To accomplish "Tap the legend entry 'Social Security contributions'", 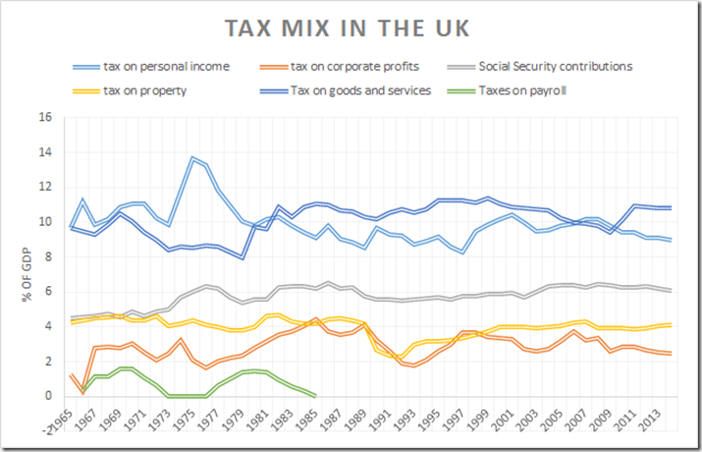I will [x=555, y=67].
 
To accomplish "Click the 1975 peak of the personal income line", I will [x=192, y=157].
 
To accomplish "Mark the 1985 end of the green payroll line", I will [x=314, y=396].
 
